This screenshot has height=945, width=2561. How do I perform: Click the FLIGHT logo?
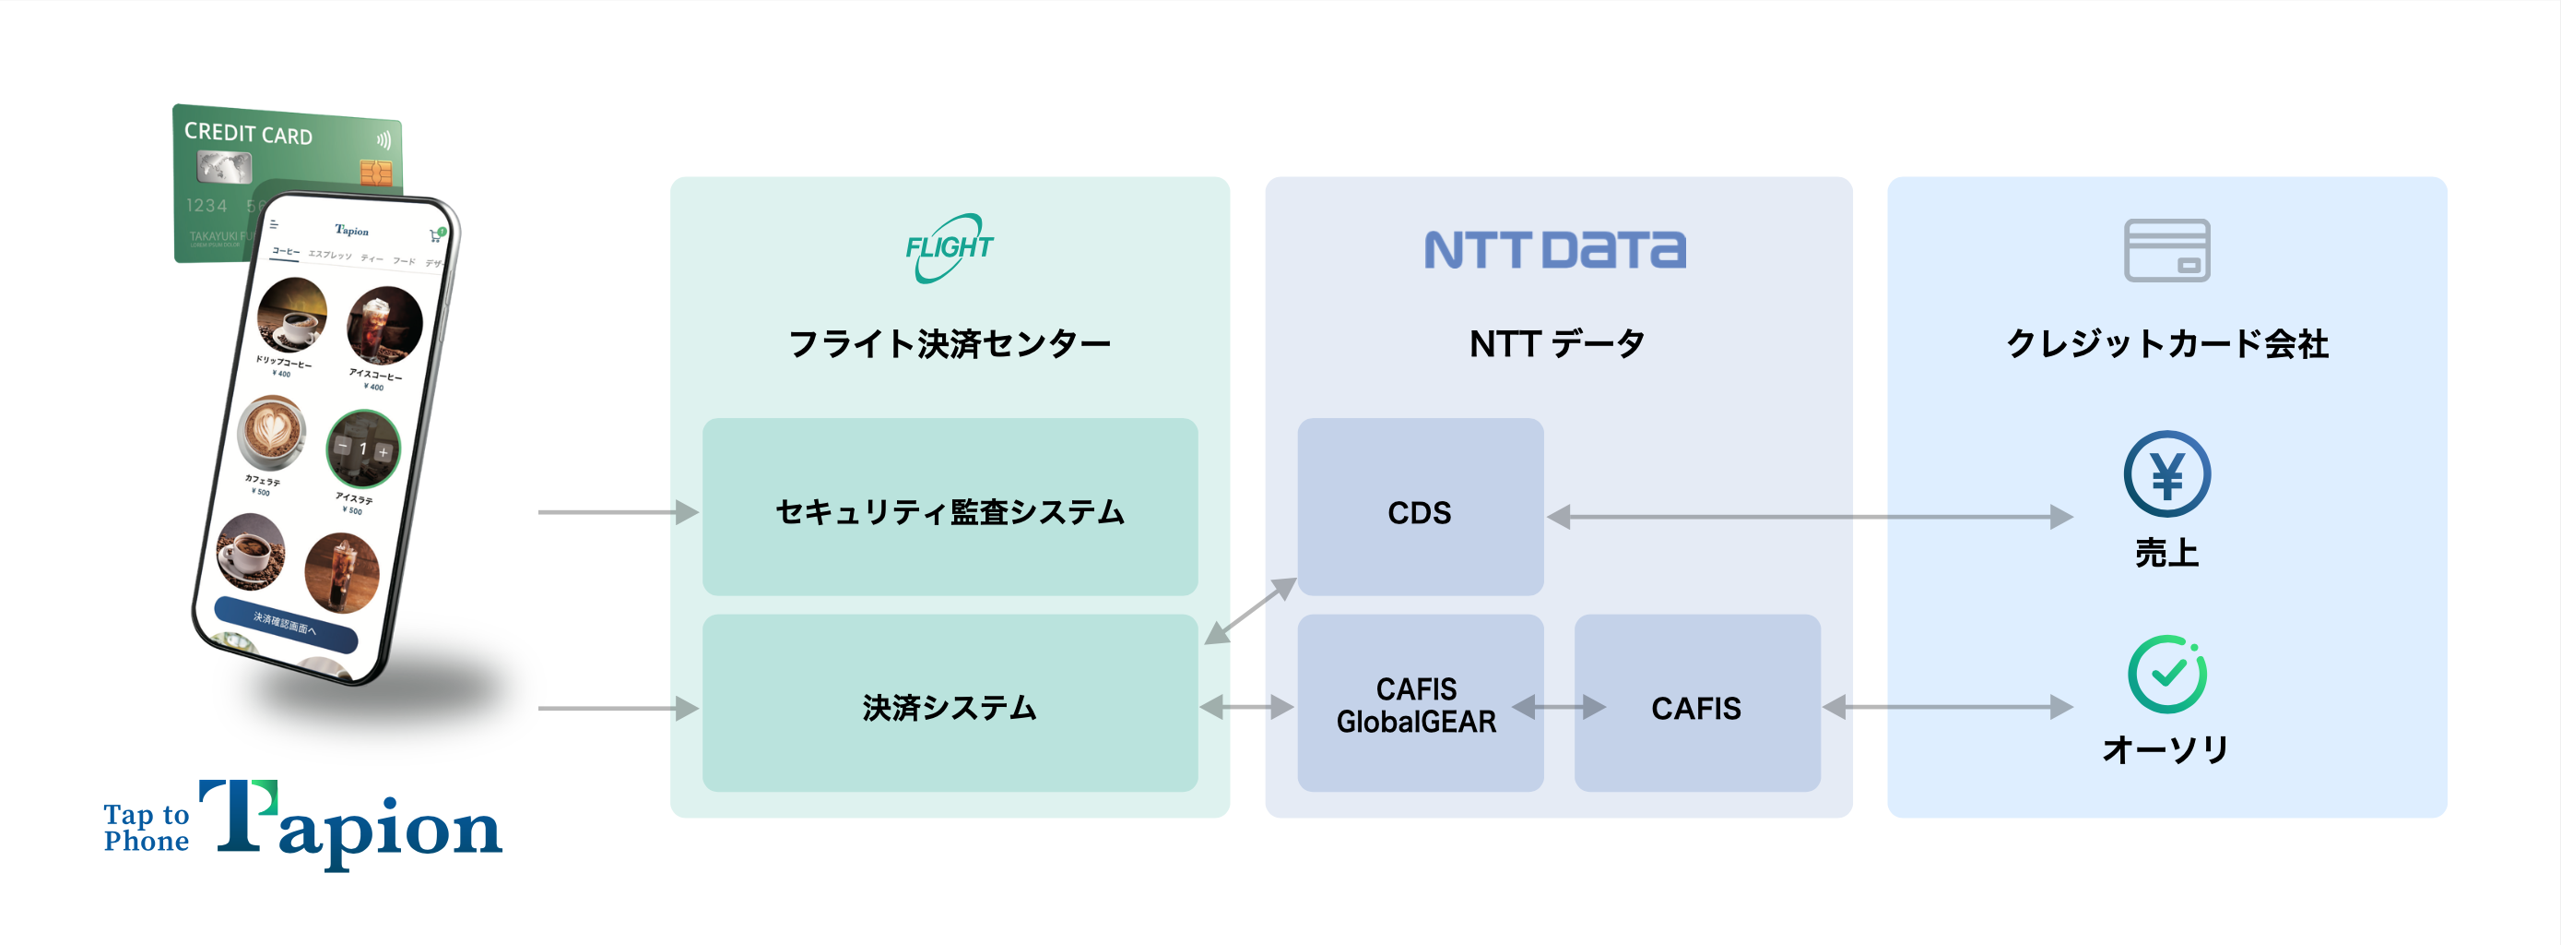pyautogui.click(x=949, y=247)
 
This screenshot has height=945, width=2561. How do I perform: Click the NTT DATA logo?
pyautogui.click(x=1555, y=250)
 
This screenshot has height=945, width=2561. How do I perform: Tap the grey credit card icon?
pyautogui.click(x=2166, y=250)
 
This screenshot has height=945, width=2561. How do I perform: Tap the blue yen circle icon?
pyautogui.click(x=2166, y=473)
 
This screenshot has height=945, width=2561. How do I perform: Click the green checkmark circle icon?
pyautogui.click(x=2166, y=675)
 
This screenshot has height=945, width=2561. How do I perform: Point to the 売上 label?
pyautogui.click(x=2166, y=553)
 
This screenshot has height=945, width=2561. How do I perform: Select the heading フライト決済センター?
pyautogui.click(x=950, y=344)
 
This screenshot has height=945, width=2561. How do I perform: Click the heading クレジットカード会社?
pyautogui.click(x=2166, y=344)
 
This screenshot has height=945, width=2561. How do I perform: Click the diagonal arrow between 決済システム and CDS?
pyautogui.click(x=1250, y=611)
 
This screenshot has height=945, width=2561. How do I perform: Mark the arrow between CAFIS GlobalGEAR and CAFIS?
pyautogui.click(x=1559, y=707)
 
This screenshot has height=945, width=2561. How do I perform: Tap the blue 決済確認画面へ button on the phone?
pyautogui.click(x=286, y=625)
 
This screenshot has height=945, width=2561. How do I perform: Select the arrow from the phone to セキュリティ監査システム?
pyautogui.click(x=617, y=512)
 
